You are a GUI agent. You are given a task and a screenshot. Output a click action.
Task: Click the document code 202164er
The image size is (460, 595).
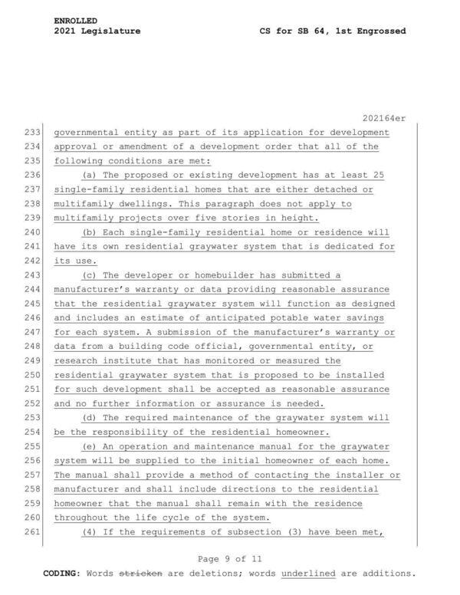point(383,117)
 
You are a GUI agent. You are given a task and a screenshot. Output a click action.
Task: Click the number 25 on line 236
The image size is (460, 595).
point(377,176)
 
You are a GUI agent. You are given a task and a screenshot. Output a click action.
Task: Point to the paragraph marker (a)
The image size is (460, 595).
point(90,176)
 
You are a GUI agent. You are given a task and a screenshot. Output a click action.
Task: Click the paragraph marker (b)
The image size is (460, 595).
point(90,232)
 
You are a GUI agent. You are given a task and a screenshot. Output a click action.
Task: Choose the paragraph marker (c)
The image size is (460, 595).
point(90,275)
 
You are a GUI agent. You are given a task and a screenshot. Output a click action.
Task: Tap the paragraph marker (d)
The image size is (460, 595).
point(90,418)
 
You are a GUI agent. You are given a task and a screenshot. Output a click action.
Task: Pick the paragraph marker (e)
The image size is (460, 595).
point(90,447)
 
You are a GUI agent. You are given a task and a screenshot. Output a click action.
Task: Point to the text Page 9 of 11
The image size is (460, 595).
point(230,558)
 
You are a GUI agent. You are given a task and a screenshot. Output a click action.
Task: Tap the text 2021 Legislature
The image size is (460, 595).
point(97,31)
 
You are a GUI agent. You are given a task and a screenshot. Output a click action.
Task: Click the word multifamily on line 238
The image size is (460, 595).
point(86,204)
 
